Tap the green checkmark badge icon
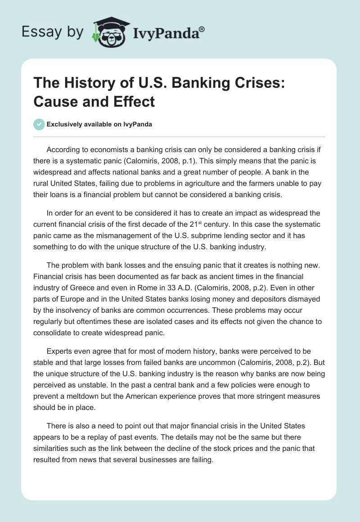click(39, 124)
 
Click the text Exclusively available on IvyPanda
click(99, 124)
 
